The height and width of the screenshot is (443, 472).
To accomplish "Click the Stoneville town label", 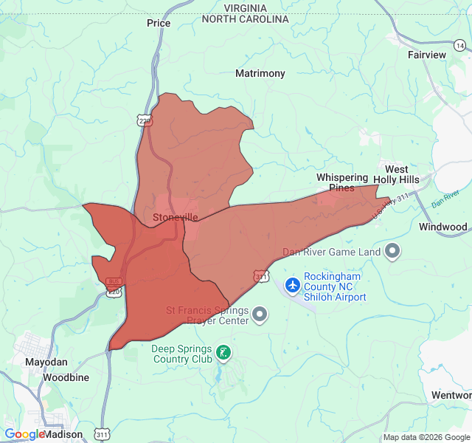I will pyautogui.click(x=176, y=218).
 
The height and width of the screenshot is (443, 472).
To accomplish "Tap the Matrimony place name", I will pyautogui.click(x=260, y=74).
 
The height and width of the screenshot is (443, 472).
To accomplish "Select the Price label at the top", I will pyautogui.click(x=159, y=23).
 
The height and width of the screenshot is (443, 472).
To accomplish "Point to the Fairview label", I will pyautogui.click(x=427, y=55).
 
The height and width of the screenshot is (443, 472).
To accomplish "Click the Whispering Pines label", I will pyautogui.click(x=341, y=182).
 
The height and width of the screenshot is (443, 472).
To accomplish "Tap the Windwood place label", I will pyautogui.click(x=442, y=227).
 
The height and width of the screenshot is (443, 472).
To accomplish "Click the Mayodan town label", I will pyautogui.click(x=46, y=363).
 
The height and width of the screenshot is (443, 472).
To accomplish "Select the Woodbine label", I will pyautogui.click(x=66, y=377).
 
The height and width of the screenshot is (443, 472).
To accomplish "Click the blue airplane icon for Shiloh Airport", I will pyautogui.click(x=292, y=284).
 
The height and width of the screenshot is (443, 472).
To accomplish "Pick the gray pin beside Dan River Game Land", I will pyautogui.click(x=392, y=252).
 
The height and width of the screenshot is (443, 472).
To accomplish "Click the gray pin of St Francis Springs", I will pyautogui.click(x=259, y=315).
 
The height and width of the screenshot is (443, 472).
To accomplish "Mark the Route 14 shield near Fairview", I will pyautogui.click(x=459, y=46).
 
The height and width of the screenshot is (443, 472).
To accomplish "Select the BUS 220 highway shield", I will pyautogui.click(x=114, y=287).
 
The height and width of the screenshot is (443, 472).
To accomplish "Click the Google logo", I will pyautogui.click(x=24, y=435).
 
